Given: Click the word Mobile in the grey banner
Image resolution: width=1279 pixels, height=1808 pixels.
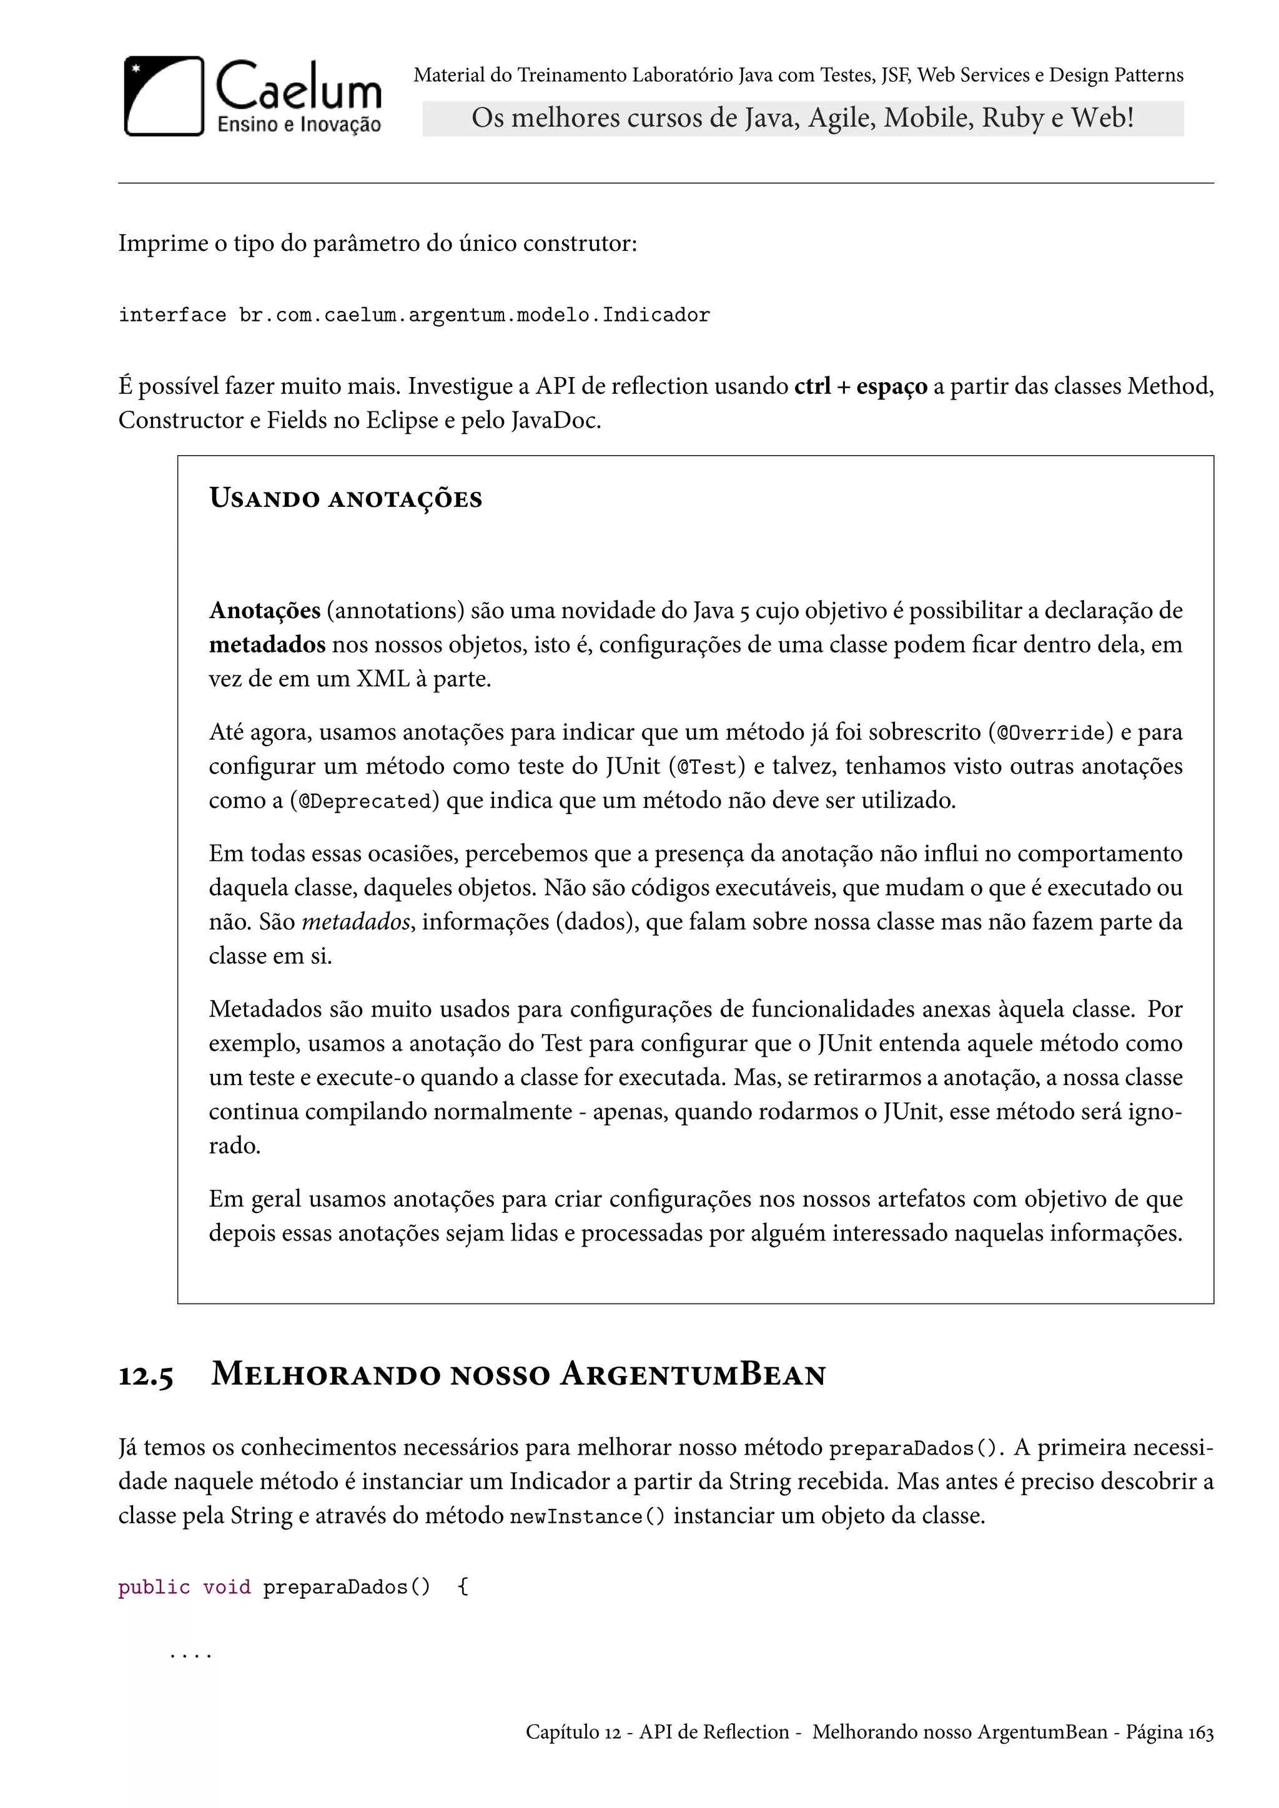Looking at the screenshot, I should (927, 118).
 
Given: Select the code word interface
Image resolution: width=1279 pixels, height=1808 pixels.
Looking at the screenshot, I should (172, 316).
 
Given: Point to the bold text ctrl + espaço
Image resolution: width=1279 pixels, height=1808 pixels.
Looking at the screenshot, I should (860, 386).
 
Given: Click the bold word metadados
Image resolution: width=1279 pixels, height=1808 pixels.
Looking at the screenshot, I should (267, 645).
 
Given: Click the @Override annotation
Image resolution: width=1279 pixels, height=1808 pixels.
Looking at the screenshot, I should (1050, 733).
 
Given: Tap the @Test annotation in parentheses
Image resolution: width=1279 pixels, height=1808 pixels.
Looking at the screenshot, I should (706, 767).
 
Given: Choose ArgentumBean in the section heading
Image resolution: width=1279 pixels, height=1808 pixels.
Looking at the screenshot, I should (693, 1375).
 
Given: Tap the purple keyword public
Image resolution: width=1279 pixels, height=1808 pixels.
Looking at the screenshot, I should (154, 1587).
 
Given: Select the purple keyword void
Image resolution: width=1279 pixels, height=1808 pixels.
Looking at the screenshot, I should (227, 1587).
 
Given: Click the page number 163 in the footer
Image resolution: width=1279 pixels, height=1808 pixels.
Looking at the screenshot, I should (1201, 1732).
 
